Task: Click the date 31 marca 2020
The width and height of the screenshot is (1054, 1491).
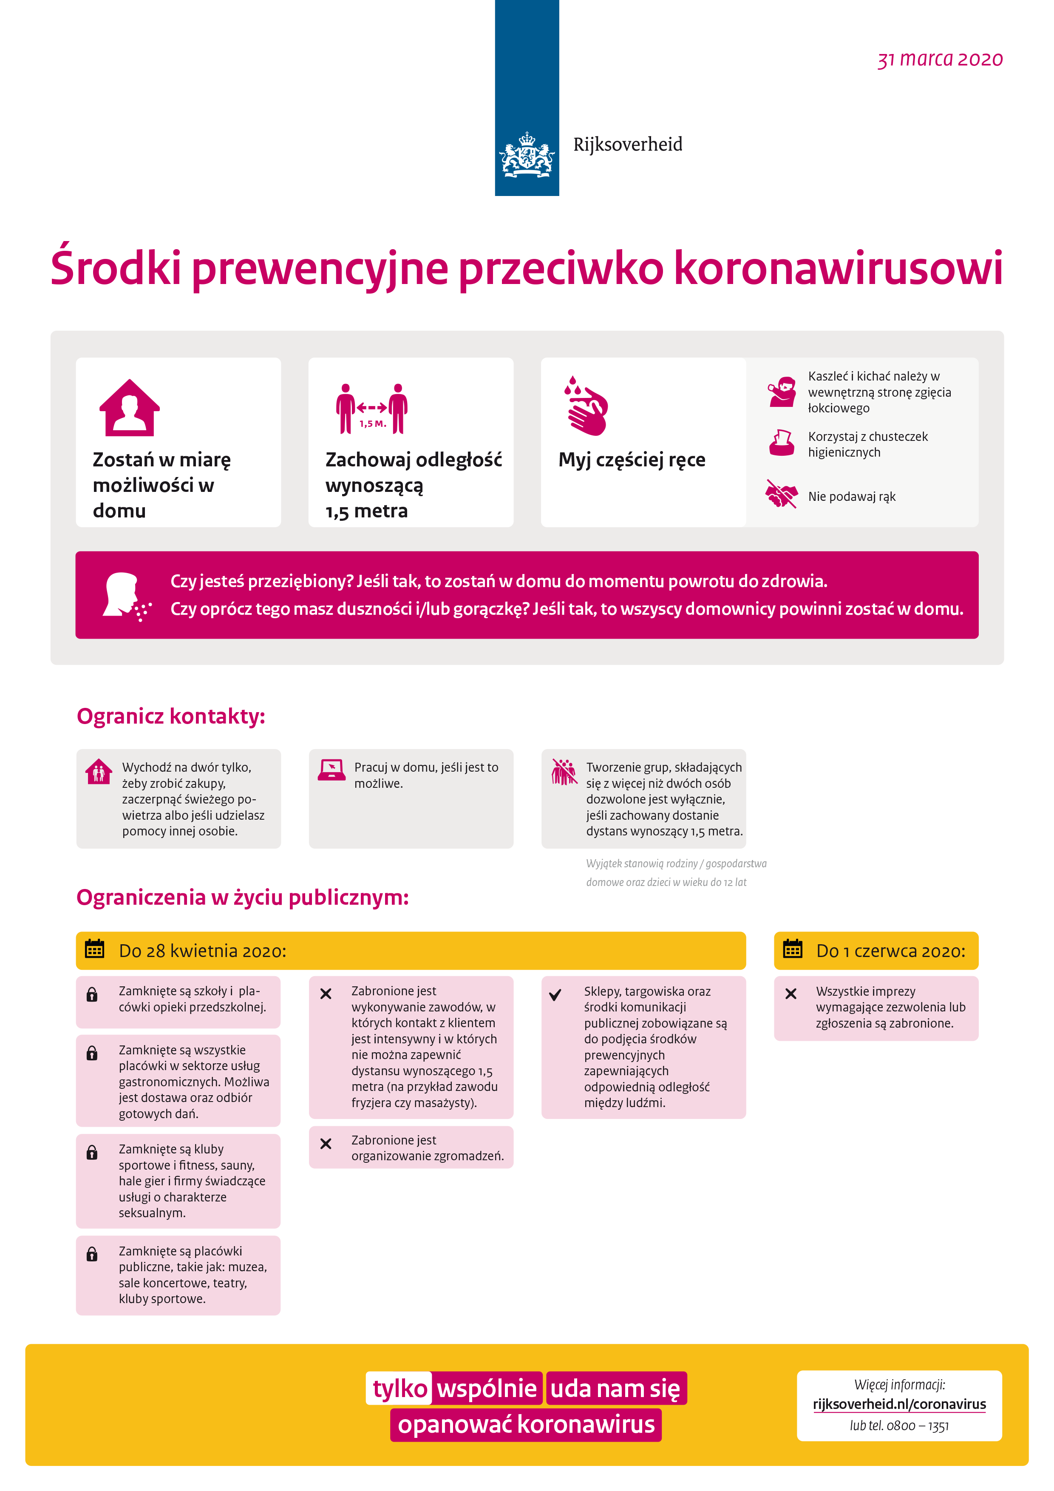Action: tap(940, 59)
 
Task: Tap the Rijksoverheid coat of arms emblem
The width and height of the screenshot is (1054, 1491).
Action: tap(526, 155)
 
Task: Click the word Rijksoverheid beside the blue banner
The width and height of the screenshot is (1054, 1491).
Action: tap(628, 144)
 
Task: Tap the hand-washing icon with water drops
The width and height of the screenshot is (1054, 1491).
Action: tap(586, 406)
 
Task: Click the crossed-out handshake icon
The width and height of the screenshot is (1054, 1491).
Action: tap(782, 494)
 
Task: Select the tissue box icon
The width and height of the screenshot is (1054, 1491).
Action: tap(782, 443)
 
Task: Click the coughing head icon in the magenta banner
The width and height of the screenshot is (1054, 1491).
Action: tap(126, 596)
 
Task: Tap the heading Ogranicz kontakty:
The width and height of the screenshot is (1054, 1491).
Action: tap(171, 716)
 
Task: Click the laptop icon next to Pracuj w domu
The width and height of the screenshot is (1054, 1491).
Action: tap(331, 770)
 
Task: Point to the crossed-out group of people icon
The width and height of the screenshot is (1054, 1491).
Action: tap(564, 772)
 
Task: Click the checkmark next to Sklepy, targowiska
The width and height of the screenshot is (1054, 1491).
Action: tap(555, 994)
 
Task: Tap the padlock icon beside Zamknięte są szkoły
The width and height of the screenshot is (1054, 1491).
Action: tap(92, 994)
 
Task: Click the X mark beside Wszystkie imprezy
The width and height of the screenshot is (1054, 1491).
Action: tap(790, 994)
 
